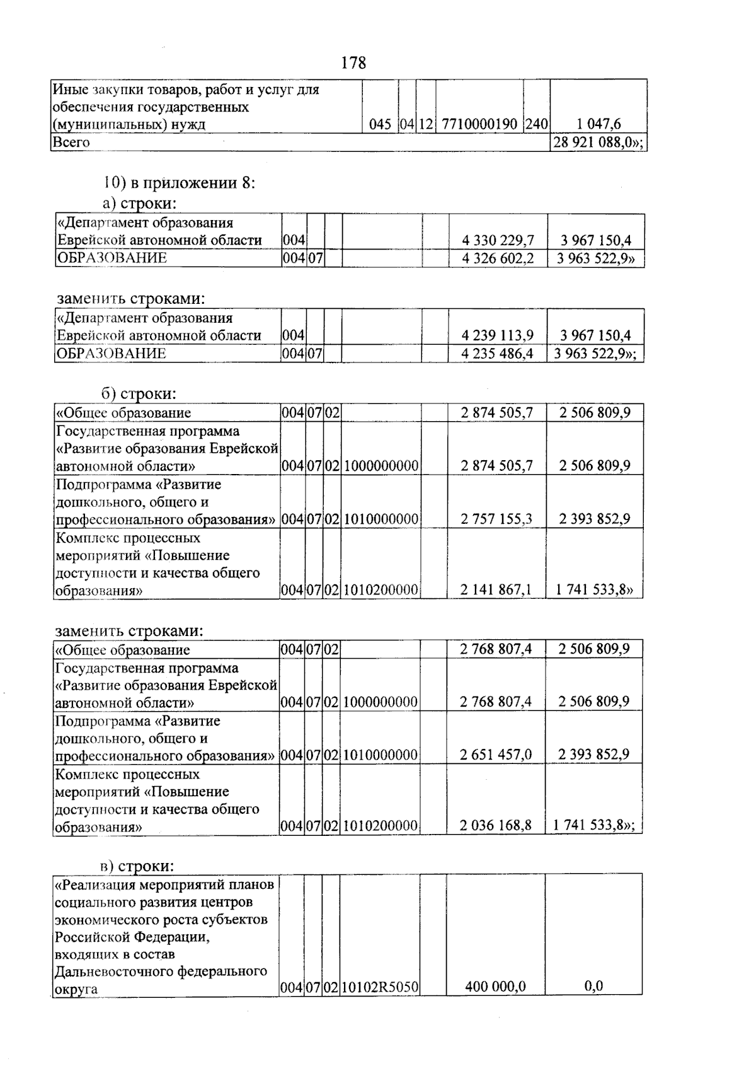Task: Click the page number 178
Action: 353,63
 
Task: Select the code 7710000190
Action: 479,124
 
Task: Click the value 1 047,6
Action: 599,124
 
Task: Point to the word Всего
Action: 71,142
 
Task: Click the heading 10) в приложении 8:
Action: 180,183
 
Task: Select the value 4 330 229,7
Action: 498,240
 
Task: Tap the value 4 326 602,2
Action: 498,258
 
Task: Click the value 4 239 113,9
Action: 498,335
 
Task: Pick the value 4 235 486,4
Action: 498,354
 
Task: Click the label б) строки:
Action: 139,394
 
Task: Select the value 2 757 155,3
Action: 496,519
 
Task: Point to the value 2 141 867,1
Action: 496,589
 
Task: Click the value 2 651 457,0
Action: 496,755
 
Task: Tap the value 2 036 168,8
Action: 496,825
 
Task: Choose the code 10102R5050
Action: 380,987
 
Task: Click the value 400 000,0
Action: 496,987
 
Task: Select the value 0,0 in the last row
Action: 593,987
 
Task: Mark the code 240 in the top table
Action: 536,124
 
